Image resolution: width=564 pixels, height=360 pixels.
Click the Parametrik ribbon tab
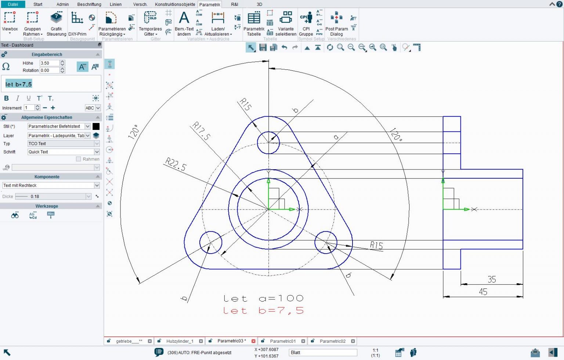[210, 4]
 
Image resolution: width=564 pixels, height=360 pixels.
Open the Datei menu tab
[13, 4]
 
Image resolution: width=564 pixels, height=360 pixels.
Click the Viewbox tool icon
[10, 18]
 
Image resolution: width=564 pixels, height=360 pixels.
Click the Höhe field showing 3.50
[49, 63]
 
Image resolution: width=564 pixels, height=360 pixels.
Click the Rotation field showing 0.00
[49, 70]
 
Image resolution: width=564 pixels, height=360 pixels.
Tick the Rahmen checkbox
[78, 159]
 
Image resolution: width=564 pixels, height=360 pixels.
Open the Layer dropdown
[87, 136]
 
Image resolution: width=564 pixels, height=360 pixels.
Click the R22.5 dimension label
[176, 164]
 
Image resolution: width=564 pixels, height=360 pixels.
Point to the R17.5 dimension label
[201, 131]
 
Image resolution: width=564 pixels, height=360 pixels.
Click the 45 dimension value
[483, 292]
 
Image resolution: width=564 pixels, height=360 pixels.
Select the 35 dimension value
[492, 280]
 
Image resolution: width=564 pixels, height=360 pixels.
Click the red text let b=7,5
[263, 311]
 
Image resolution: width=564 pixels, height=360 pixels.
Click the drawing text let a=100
[263, 298]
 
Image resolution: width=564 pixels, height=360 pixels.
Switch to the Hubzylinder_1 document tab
[180, 341]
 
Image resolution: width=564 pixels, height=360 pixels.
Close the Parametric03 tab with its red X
[253, 341]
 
